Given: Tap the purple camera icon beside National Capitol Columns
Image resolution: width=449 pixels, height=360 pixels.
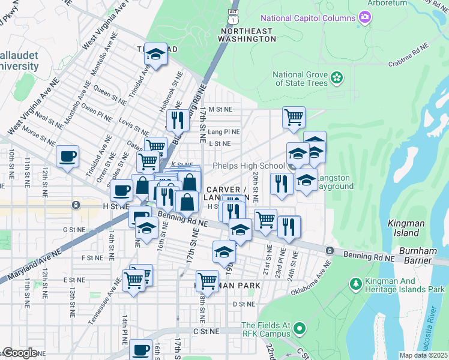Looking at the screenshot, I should (x=364, y=18).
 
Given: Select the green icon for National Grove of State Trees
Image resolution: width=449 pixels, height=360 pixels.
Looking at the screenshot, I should (x=337, y=77).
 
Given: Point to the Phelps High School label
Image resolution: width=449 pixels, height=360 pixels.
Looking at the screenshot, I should (x=248, y=166).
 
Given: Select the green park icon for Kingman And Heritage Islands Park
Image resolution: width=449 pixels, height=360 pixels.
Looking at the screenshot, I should (x=355, y=282).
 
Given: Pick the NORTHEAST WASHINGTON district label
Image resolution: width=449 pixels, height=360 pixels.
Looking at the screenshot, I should (x=247, y=34).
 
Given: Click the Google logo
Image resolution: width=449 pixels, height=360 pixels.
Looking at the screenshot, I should (x=20, y=353).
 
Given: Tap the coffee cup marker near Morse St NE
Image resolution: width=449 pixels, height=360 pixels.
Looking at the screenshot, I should (x=67, y=157).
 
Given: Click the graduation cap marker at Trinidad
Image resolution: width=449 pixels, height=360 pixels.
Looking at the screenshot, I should (x=156, y=55).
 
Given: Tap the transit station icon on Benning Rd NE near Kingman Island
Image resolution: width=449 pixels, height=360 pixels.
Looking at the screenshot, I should (x=329, y=250).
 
